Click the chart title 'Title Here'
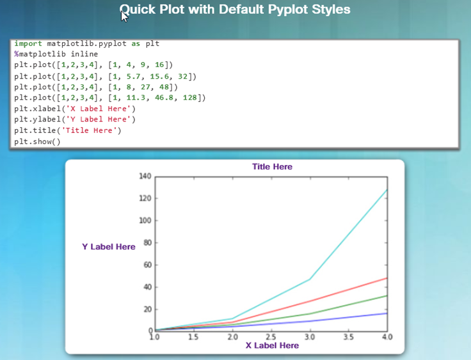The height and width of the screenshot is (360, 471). coord(272,167)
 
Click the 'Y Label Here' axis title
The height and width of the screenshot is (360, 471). coord(109,247)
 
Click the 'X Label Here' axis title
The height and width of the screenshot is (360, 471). coord(272,345)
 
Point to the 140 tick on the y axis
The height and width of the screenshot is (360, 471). coord(145,176)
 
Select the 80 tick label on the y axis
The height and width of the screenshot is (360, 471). coord(147,242)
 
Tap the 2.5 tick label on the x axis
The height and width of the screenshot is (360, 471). coord(271,337)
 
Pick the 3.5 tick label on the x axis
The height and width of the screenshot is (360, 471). coord(348,337)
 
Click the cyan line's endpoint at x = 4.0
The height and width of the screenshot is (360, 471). coord(387,190)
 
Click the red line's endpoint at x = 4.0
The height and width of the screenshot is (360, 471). coord(387,278)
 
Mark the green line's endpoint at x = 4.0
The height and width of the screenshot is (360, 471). coord(387,296)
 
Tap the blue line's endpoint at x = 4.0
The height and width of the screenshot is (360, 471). coord(387,313)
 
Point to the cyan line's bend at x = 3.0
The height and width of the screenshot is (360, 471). coord(310,279)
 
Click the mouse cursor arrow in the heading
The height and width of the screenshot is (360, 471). coord(124,16)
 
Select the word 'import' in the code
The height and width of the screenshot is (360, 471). coord(28,44)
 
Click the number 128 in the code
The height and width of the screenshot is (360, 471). coord(190,98)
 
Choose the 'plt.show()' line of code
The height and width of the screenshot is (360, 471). coord(37,141)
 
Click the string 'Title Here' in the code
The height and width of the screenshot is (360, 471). coord(89,130)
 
